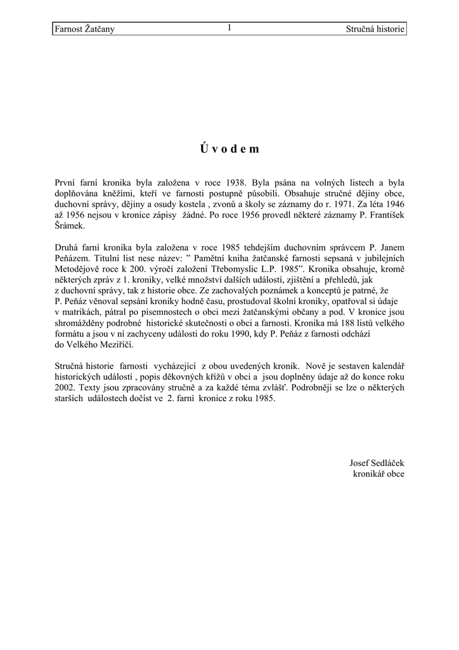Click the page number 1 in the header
tap(229, 28)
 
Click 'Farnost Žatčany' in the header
tap(85, 29)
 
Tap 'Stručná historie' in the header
tap(375, 29)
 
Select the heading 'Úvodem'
tap(229, 149)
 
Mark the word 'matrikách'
tap(83, 312)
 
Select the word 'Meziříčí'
tap(116, 345)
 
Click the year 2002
tap(65, 388)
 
